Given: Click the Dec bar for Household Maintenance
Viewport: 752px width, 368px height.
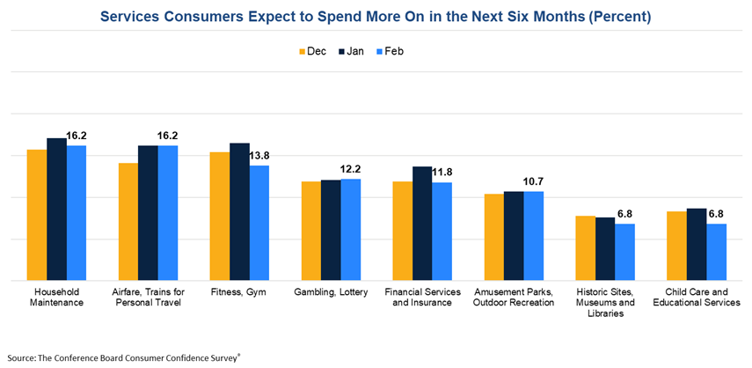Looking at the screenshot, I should point(37,215).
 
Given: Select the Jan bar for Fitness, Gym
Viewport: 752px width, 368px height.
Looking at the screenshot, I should point(239,211).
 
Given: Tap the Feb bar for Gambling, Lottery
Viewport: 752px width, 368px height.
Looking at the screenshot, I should point(352,230).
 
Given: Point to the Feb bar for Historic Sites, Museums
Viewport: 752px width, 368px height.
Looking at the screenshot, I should point(624,252).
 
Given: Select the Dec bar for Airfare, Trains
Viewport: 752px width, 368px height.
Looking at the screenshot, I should point(128,222).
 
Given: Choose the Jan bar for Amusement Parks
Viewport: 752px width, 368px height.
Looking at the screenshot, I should point(514,236).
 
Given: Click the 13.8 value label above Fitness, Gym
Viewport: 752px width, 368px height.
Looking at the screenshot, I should point(259,156).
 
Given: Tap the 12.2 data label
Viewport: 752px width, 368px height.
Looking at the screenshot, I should point(351,169).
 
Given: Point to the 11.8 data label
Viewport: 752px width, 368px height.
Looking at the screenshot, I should point(442,173).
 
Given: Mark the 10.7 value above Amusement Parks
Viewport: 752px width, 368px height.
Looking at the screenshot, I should point(534,181).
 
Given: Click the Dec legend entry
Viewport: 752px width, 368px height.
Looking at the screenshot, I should point(312,51).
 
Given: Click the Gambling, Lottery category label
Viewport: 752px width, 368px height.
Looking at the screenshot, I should point(331,292).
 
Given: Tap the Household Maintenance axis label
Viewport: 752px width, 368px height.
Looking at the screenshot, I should point(58,298).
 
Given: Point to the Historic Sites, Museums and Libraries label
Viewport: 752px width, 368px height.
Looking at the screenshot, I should point(605,303).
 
